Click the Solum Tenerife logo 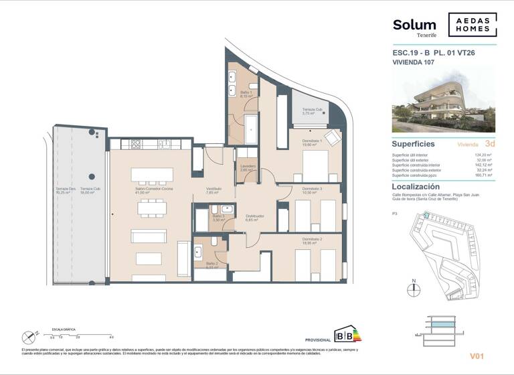click(414, 27)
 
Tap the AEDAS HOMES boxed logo click(472, 25)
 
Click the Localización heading click(416, 187)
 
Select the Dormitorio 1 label click(312, 142)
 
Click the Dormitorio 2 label click(312, 240)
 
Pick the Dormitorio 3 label click(312, 190)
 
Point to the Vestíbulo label click(214, 190)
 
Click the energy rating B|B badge click(347, 334)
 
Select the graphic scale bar click(80, 337)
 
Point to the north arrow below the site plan click(415, 287)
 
